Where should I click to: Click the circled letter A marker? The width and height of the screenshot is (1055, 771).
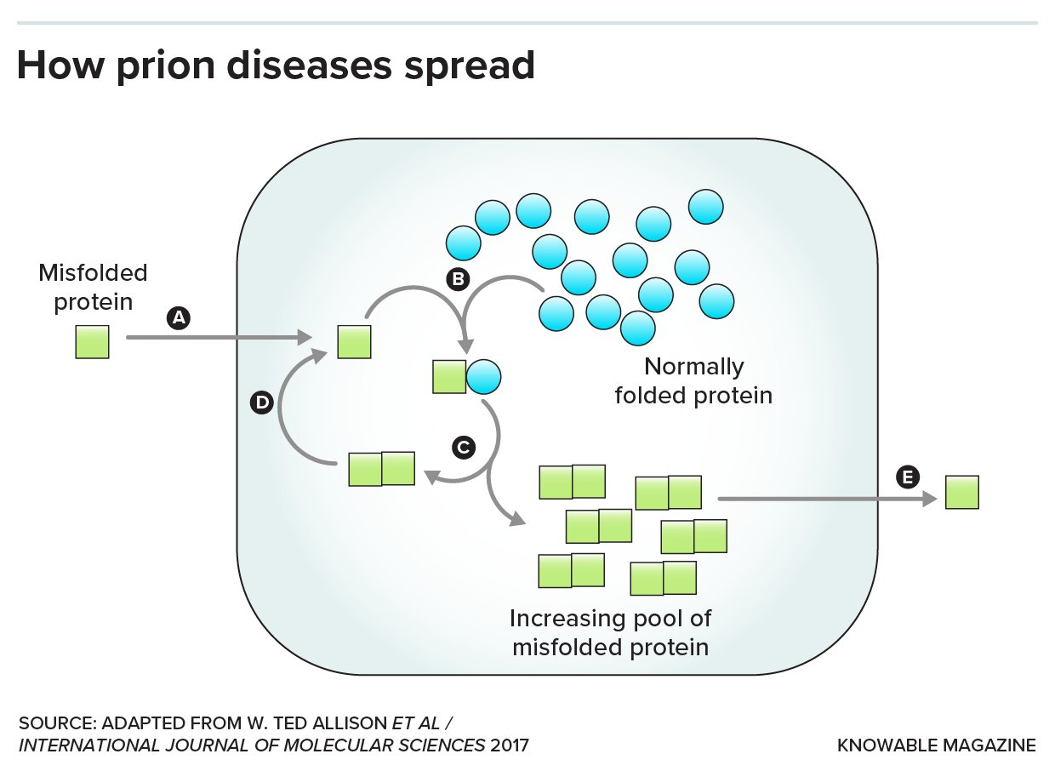178,318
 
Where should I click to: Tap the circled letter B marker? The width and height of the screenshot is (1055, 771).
458,277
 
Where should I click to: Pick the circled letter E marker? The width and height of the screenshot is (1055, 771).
908,478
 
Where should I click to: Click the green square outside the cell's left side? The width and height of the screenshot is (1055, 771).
92,342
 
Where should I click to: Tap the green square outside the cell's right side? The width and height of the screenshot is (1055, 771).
962,493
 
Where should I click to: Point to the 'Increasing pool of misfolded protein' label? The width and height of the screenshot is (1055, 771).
610,632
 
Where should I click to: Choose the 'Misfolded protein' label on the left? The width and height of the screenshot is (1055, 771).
93,287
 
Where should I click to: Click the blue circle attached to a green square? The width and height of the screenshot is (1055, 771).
483,376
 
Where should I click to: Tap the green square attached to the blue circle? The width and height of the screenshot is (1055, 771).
449,376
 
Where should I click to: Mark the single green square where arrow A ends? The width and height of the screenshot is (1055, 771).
354,342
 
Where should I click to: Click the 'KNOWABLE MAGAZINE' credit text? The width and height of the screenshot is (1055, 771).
937,746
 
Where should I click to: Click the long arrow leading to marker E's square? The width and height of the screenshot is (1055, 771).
821,500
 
